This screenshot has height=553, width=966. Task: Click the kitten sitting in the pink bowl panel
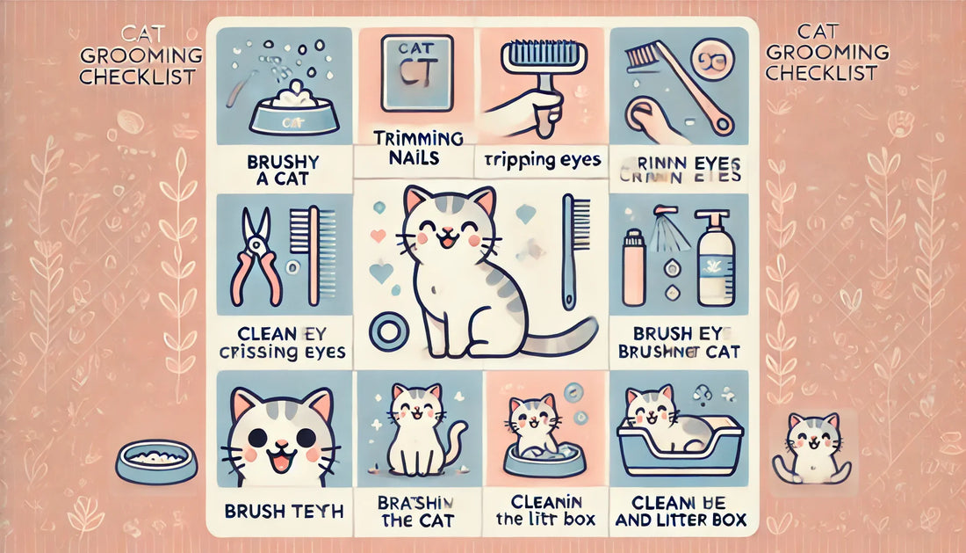tap(535, 420)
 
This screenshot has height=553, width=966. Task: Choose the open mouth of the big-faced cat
tap(279, 456)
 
